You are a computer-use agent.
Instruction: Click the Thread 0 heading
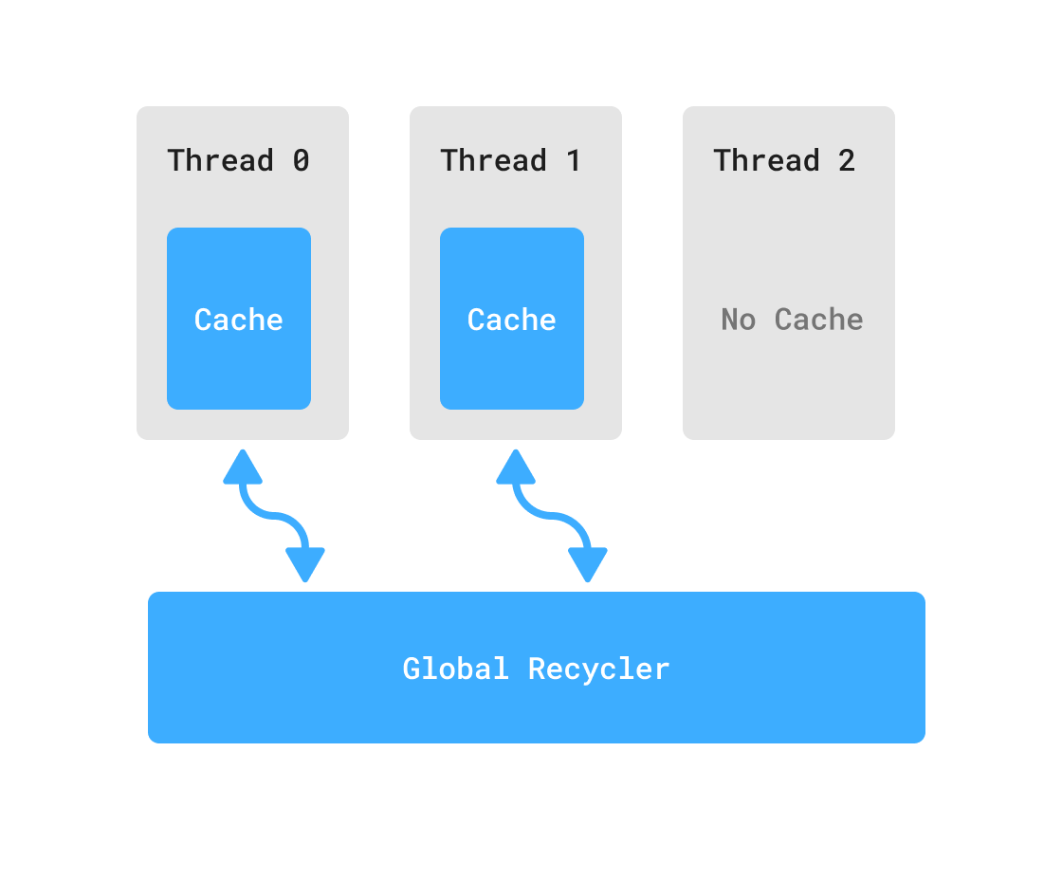click(238, 160)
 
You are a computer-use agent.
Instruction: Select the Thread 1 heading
click(511, 160)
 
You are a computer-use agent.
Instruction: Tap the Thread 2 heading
click(784, 160)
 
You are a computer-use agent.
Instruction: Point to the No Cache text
click(792, 320)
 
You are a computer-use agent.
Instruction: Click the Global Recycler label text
click(536, 669)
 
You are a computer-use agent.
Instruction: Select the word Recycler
click(599, 669)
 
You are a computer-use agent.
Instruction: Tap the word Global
click(456, 669)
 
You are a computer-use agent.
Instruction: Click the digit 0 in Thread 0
click(301, 160)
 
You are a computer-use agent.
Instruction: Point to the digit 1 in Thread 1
click(574, 160)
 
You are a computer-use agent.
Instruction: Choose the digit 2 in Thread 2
click(847, 160)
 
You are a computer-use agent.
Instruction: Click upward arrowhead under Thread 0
click(243, 467)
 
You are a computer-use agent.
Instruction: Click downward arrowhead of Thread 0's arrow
click(305, 564)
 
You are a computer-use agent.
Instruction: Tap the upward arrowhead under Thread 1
click(516, 467)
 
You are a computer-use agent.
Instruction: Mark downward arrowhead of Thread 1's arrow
click(588, 564)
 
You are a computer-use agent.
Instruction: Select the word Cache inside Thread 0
click(239, 320)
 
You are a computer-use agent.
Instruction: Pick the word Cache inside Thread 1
click(512, 320)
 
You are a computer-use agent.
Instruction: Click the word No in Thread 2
click(738, 320)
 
